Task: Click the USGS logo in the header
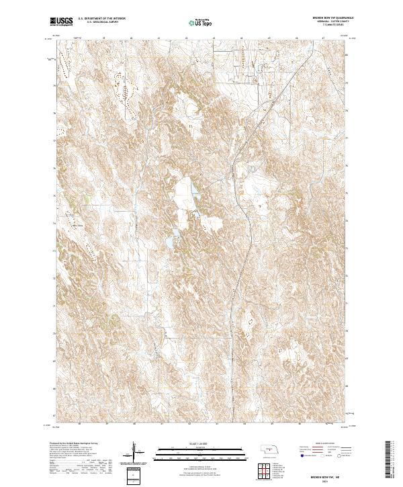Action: [x=62, y=22]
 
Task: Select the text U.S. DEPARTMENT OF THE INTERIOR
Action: [x=101, y=19]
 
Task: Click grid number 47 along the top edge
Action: [x=323, y=39]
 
